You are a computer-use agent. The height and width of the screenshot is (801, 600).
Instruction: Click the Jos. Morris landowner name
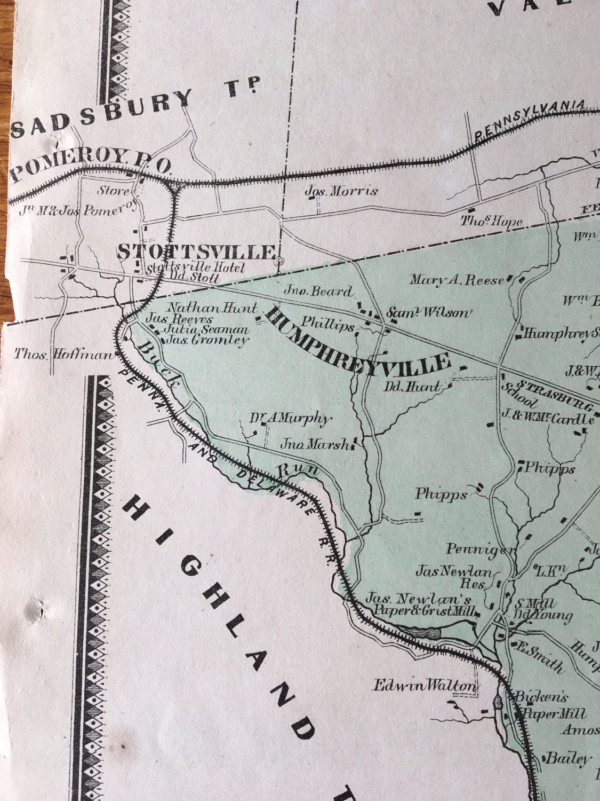(341, 191)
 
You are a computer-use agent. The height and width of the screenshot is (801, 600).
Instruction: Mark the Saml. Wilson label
(429, 313)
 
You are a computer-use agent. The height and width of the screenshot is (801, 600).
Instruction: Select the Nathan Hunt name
(212, 308)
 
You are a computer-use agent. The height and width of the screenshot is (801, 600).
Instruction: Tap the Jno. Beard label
(325, 292)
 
